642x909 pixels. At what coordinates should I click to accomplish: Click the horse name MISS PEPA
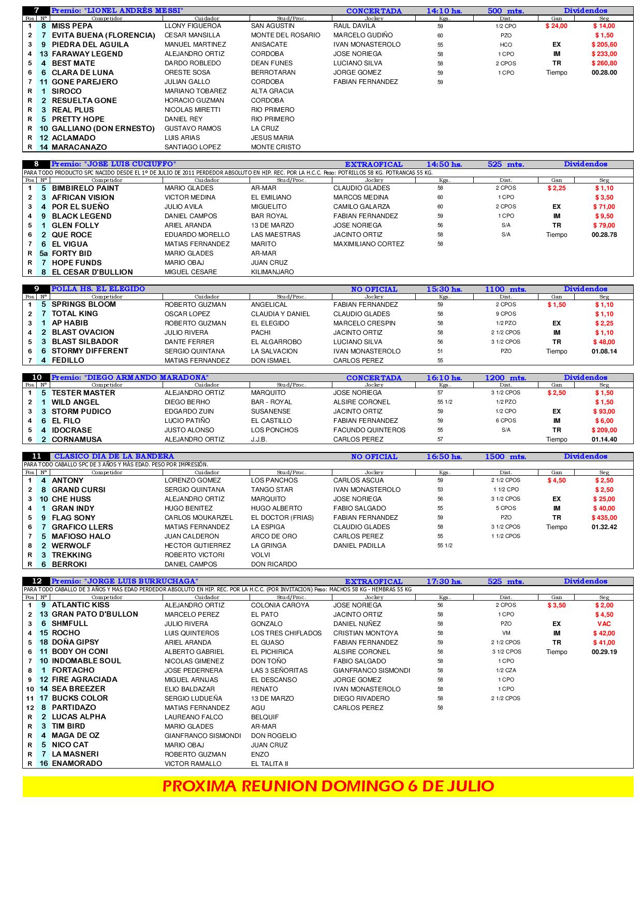click(x=72, y=26)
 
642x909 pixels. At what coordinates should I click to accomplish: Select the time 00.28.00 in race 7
click(x=604, y=73)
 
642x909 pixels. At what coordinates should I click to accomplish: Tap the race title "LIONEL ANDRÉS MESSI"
click(x=118, y=11)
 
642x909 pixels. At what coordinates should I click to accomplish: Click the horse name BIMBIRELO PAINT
click(x=85, y=188)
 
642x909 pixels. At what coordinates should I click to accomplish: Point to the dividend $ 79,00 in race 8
click(x=604, y=225)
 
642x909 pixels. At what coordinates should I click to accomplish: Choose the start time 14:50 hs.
click(x=444, y=164)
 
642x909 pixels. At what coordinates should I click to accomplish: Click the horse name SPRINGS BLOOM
click(x=84, y=304)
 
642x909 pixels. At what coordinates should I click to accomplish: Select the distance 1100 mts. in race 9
click(x=505, y=289)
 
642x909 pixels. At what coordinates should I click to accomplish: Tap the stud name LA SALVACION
click(x=274, y=351)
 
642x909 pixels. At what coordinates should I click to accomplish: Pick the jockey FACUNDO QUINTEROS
click(x=369, y=430)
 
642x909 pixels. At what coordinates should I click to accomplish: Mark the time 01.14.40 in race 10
click(x=604, y=439)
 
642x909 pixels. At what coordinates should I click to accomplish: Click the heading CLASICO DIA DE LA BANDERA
click(x=114, y=457)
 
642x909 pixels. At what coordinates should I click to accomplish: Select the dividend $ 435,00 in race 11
click(x=604, y=518)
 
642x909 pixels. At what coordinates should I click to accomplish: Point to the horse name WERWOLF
click(x=71, y=546)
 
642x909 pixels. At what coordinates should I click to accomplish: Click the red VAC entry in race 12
click(x=604, y=624)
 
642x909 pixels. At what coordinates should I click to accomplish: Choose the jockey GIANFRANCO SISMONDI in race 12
click(x=372, y=671)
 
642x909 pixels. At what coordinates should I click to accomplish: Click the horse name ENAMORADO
click(x=77, y=763)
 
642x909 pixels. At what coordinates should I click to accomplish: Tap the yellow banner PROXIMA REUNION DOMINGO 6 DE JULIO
click(x=328, y=786)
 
